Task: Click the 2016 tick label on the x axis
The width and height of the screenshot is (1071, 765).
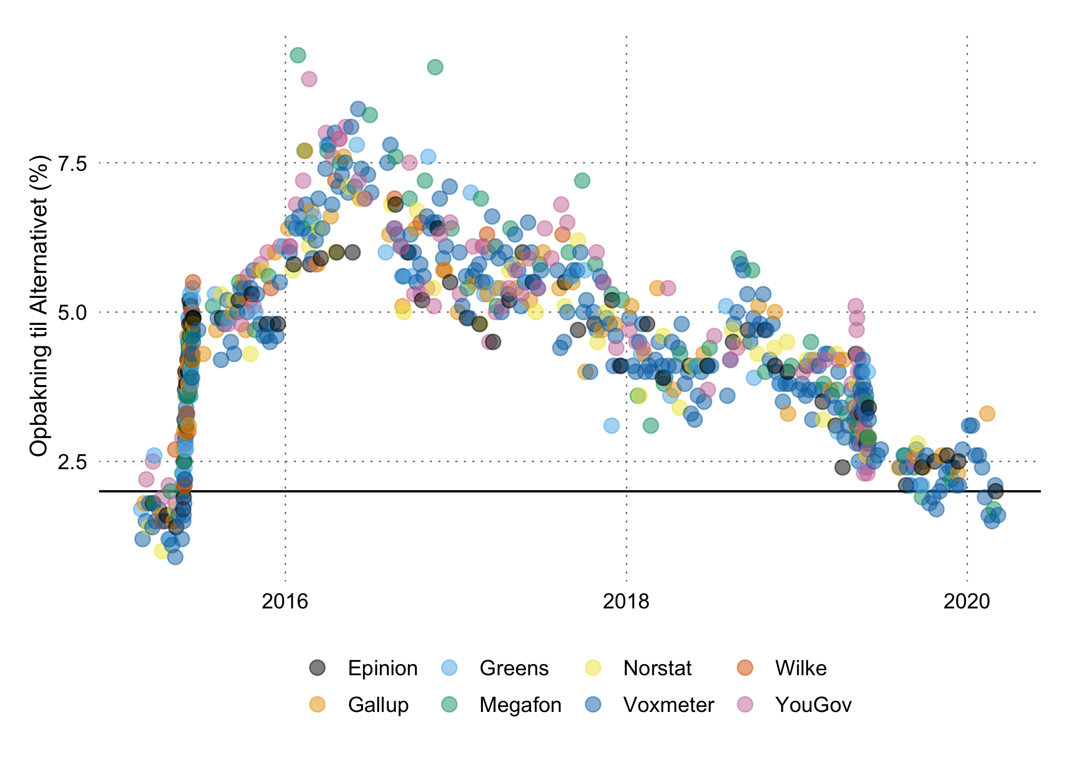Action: pyautogui.click(x=285, y=602)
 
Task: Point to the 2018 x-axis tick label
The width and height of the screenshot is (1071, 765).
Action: pyautogui.click(x=626, y=602)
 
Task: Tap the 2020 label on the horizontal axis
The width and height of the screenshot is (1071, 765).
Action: pyautogui.click(x=966, y=602)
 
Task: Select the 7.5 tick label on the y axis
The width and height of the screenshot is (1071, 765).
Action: pyautogui.click(x=72, y=164)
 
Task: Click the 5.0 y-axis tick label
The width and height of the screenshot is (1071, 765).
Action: pyautogui.click(x=72, y=313)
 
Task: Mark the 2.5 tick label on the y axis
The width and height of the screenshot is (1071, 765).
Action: pyautogui.click(x=72, y=462)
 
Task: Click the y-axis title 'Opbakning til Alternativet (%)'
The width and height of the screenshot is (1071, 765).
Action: pyautogui.click(x=39, y=306)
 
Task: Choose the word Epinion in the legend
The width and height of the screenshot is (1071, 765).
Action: pyautogui.click(x=382, y=668)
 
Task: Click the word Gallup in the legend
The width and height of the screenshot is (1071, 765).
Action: pyautogui.click(x=378, y=705)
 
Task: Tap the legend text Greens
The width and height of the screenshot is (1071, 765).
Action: pyautogui.click(x=514, y=668)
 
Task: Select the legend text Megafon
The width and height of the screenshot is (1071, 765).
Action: pyautogui.click(x=520, y=705)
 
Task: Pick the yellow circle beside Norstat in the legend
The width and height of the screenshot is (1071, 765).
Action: pyautogui.click(x=593, y=668)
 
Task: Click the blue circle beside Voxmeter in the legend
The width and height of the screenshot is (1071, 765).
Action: pyautogui.click(x=593, y=704)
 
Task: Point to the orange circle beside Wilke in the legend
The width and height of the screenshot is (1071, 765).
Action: pyautogui.click(x=745, y=668)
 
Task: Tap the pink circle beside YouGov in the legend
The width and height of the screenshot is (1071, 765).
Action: pyautogui.click(x=745, y=704)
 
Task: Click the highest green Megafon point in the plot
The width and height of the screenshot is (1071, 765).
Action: pyautogui.click(x=298, y=55)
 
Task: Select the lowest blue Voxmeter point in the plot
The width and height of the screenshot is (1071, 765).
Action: pyautogui.click(x=175, y=557)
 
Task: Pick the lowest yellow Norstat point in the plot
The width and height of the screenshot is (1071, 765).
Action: pyautogui.click(x=162, y=551)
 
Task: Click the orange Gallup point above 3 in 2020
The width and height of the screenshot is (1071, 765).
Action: pyautogui.click(x=987, y=414)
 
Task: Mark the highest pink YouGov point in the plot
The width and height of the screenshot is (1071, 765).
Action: pyautogui.click(x=309, y=79)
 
